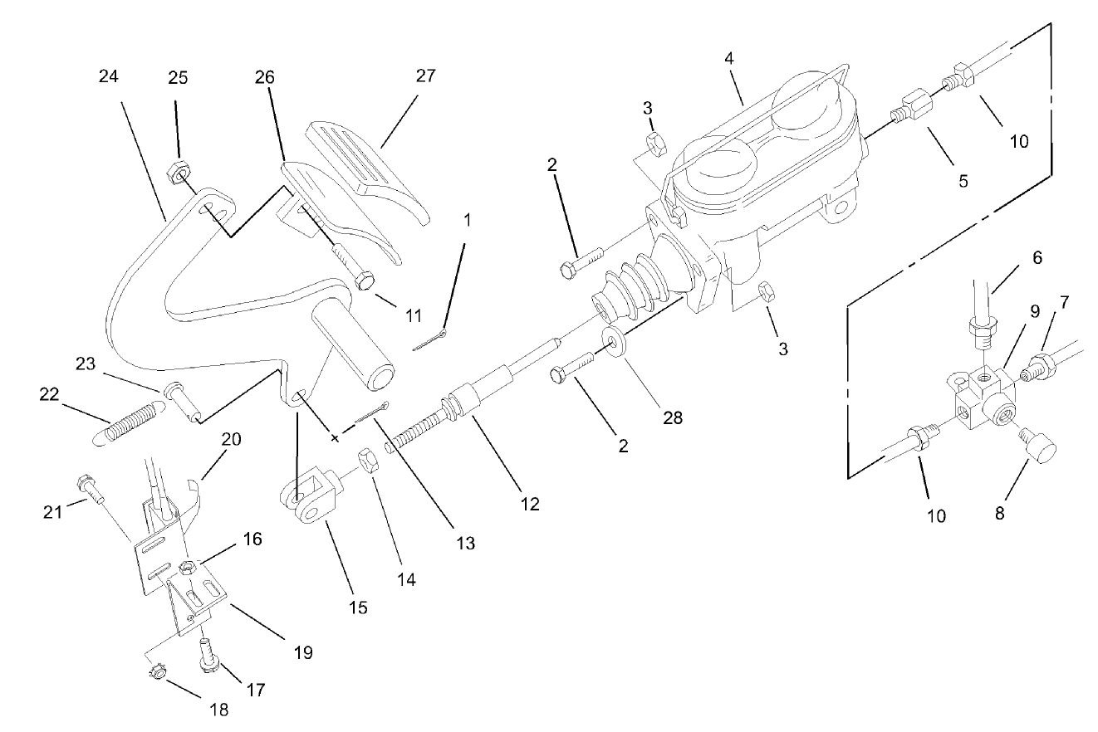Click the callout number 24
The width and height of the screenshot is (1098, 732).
[x=108, y=76]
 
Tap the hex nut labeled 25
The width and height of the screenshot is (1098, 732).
[x=176, y=173]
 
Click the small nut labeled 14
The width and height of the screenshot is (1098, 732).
[x=368, y=459]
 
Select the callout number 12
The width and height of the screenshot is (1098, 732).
[x=529, y=503]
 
